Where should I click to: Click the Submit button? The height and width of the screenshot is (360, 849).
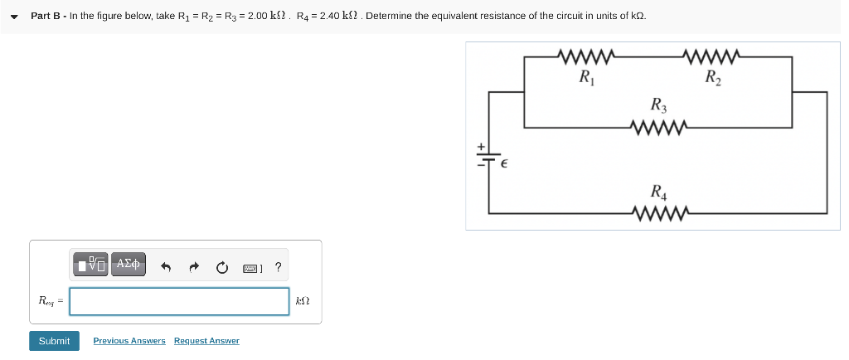[x=54, y=341]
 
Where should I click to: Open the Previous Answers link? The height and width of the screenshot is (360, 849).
[x=129, y=341]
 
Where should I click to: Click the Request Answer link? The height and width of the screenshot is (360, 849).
[x=206, y=341]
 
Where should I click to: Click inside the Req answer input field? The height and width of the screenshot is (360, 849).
[x=179, y=301]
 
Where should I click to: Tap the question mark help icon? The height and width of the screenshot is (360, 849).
[x=278, y=267]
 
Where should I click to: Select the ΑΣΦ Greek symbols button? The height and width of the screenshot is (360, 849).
[x=129, y=265]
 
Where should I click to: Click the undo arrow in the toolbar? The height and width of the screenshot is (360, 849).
[x=166, y=267]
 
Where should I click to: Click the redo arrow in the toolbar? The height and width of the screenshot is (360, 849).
[x=194, y=267]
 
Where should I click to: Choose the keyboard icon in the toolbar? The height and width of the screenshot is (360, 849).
[x=252, y=268]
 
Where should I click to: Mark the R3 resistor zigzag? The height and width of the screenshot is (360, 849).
[x=657, y=128]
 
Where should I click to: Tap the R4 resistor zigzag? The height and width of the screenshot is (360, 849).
[x=657, y=215]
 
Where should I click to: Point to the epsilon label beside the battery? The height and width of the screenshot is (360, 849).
[x=502, y=165]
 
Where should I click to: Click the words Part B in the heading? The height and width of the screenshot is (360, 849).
[x=46, y=16]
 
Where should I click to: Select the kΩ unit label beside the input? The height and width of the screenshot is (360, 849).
[x=303, y=301]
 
